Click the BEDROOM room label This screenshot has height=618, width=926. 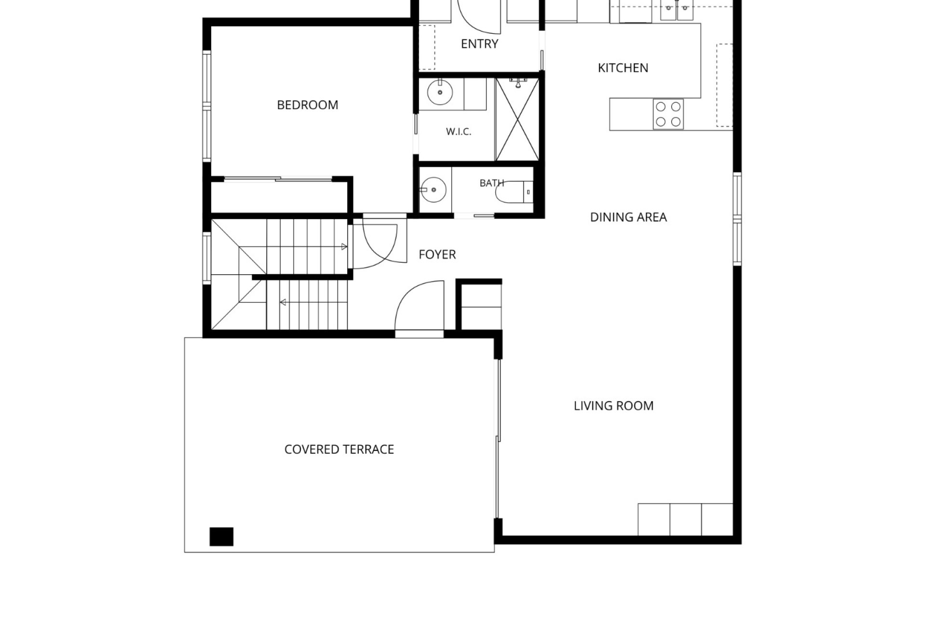coord(307,105)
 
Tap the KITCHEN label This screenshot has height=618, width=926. coord(623,68)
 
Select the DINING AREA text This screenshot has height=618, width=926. coord(628,217)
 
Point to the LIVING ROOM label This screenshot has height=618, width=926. coord(613,406)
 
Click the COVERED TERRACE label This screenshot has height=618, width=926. coord(339,449)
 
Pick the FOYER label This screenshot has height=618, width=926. coord(437,254)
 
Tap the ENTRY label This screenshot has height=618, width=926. coord(479,44)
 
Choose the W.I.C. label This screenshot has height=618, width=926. coord(458,131)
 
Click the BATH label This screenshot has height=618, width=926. coord(491,183)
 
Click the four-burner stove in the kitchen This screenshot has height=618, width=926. coord(668,114)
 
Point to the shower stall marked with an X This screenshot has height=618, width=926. coord(517,119)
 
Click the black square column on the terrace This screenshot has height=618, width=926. coord(221,536)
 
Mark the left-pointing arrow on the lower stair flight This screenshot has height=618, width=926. coord(283,302)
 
